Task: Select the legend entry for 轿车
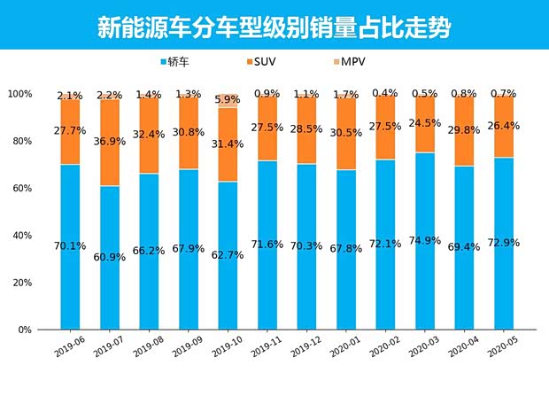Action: pyautogui.click(x=180, y=62)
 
